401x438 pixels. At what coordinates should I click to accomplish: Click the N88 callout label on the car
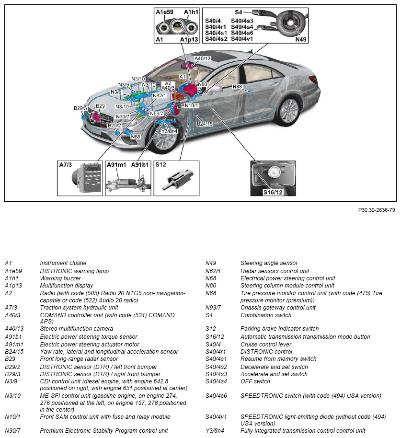point(238,86)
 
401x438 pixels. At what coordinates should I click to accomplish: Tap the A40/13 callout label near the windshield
point(203,58)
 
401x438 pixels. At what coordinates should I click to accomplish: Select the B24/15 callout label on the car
point(205,124)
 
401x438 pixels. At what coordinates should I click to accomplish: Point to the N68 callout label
point(136,137)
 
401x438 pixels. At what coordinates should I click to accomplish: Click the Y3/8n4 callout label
point(170,131)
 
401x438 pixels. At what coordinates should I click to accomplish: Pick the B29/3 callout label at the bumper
point(80,108)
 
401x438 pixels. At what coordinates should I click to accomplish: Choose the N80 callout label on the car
point(202,84)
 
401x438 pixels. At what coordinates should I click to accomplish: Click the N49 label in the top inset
point(300,39)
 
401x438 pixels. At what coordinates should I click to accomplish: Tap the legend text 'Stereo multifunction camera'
point(77,329)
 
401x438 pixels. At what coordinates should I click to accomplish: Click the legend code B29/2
point(13,367)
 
